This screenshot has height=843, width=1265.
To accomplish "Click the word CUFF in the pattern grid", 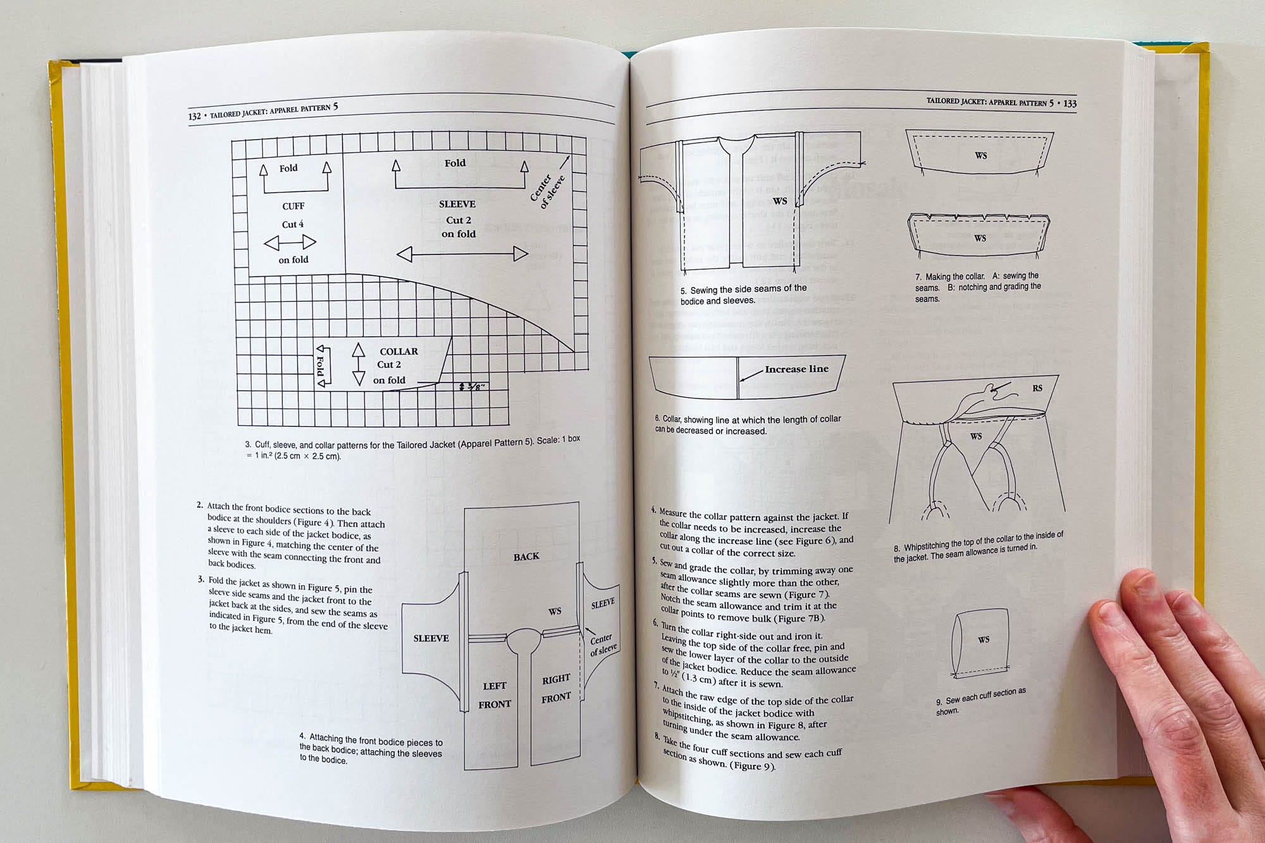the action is (x=293, y=206).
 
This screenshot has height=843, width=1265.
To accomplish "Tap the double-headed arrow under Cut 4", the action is (x=290, y=242).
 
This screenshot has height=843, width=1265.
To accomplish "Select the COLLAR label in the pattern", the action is (x=398, y=352).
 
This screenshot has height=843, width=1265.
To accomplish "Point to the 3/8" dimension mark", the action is (x=472, y=386).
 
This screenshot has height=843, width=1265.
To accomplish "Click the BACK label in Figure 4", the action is (x=526, y=557).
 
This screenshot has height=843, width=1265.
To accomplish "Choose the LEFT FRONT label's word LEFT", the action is (x=495, y=686).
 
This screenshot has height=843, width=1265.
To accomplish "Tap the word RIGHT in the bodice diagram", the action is (x=556, y=679).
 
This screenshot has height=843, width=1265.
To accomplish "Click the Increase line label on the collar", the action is (x=796, y=369).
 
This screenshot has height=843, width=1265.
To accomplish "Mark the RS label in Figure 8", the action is (x=1037, y=388).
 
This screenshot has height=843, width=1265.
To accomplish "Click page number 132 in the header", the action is (x=194, y=116).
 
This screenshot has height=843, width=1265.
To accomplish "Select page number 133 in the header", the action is (x=1070, y=104).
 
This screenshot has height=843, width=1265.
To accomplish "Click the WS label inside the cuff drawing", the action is (x=984, y=639).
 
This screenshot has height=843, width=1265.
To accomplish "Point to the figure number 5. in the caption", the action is (x=684, y=291).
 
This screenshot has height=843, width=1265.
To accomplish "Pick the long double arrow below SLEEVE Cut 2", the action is (x=462, y=254).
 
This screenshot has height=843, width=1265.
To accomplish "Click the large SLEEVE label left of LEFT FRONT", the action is (x=431, y=638).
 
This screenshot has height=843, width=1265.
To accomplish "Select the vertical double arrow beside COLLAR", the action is (x=359, y=364).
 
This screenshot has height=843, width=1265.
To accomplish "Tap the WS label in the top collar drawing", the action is (x=980, y=156).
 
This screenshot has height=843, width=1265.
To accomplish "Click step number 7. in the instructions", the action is (x=658, y=687).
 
